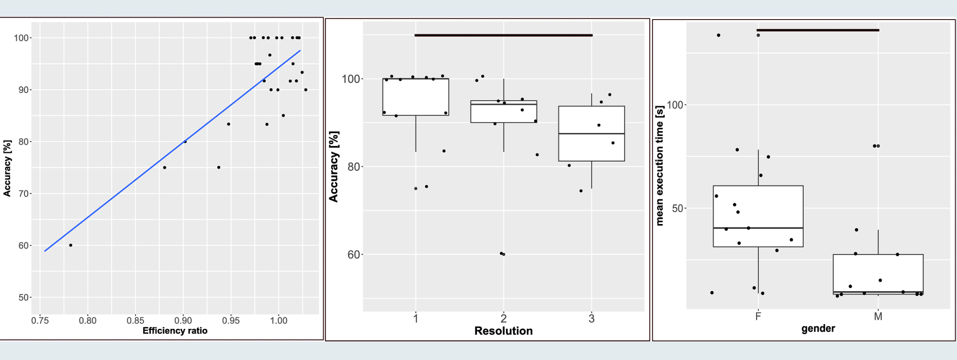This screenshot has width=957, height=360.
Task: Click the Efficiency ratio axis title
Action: (x=175, y=331)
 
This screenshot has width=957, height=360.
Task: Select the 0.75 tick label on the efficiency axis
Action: (x=40, y=321)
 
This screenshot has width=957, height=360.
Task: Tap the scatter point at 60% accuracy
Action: (x=71, y=245)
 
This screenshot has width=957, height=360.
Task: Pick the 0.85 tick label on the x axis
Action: (x=135, y=321)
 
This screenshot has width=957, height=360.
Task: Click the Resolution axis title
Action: (x=503, y=331)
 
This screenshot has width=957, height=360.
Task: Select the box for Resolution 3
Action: (x=591, y=144)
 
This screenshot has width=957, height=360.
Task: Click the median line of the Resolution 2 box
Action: (x=503, y=104)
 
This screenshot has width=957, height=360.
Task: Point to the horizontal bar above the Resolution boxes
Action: (x=503, y=35)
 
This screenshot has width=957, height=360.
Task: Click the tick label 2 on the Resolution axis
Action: (x=503, y=318)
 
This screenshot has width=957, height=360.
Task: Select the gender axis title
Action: (x=818, y=328)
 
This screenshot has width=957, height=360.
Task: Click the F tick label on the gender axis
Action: (x=758, y=316)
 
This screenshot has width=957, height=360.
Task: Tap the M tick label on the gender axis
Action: (x=878, y=316)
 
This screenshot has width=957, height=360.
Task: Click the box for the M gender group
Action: (x=878, y=273)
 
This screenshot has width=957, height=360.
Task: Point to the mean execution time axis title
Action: (x=660, y=165)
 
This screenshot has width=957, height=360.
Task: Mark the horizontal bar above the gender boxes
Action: (x=818, y=30)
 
